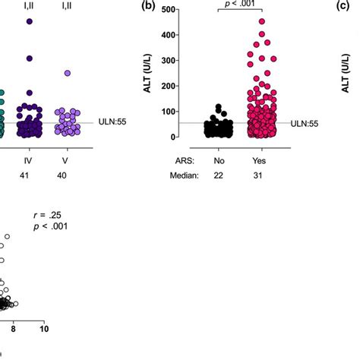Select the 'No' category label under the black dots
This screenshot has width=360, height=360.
pyautogui.click(x=220, y=160)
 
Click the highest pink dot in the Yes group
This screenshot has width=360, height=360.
pyautogui.click(x=261, y=21)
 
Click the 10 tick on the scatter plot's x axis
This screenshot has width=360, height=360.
pyautogui.click(x=44, y=328)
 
